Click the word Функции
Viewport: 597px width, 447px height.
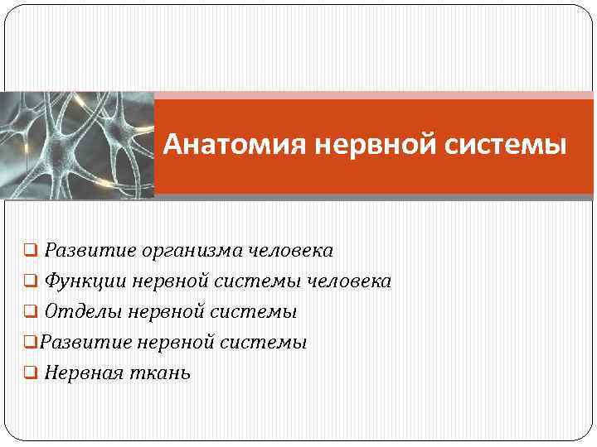85,281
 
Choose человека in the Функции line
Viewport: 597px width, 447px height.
349,281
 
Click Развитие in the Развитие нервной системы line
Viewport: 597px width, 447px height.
83,342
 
